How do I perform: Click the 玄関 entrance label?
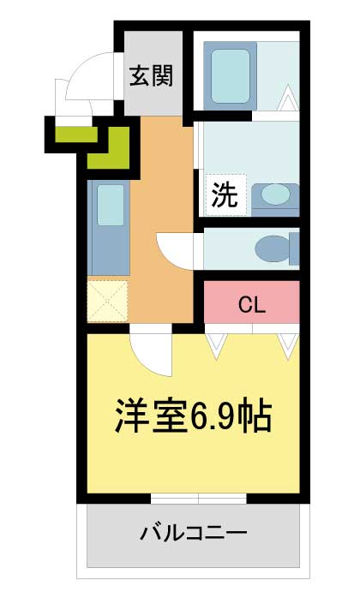pos(151,76)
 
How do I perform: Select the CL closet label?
pos(252,305)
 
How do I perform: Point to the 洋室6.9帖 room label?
pos(194,416)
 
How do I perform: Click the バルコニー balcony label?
pos(193,533)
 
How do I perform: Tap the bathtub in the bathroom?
pos(230,76)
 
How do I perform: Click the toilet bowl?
pos(274,248)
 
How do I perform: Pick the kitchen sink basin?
pos(111,205)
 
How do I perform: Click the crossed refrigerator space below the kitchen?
pos(107,301)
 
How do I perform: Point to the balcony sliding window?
pos(198,499)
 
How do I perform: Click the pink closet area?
pos(252,302)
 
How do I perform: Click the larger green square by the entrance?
pos(108,148)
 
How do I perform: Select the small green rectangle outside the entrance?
pos(76,134)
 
